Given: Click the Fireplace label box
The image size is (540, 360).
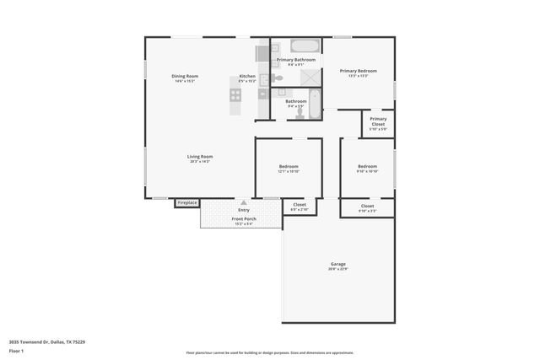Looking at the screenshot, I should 187,202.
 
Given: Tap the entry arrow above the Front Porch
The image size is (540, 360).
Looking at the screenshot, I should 243,202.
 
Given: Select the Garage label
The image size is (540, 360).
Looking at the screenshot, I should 338,264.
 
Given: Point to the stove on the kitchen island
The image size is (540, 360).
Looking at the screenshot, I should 235,94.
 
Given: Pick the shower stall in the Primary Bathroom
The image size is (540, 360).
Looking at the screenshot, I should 311,75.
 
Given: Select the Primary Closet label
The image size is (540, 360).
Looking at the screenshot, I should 378,120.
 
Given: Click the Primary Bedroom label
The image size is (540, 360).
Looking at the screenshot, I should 359,71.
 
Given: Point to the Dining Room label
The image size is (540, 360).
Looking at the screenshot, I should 186,76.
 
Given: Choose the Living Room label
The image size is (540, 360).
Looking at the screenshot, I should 200,156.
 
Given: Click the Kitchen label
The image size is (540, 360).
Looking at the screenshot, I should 247,76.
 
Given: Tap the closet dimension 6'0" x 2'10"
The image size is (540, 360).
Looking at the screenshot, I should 300,209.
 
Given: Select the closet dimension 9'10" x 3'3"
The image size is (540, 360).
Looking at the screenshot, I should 367,210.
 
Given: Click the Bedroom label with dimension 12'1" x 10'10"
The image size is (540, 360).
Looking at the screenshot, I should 289,166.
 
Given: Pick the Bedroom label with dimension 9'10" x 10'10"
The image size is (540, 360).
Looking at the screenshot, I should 367,166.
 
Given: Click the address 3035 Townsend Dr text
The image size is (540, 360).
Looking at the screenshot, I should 46,341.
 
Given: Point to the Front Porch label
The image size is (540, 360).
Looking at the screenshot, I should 244,219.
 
